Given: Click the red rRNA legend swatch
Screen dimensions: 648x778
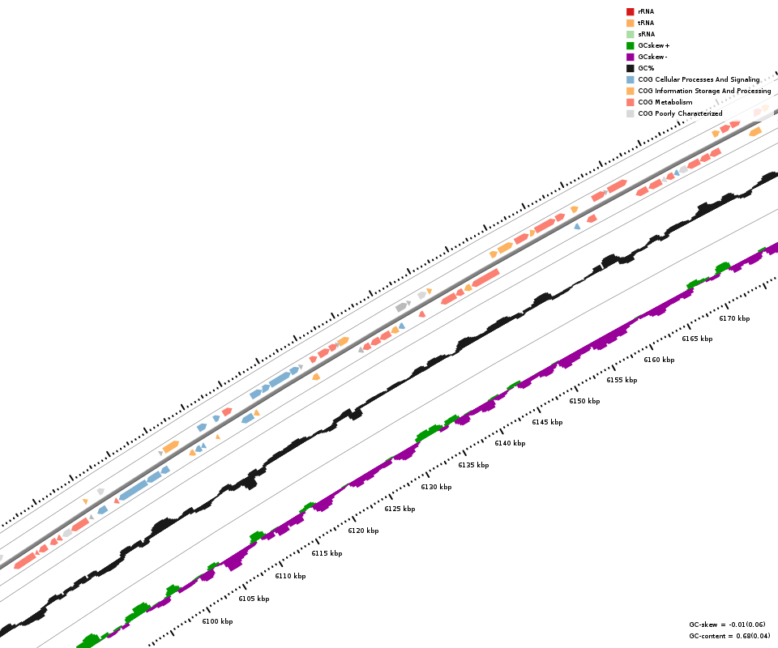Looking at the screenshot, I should [x=630, y=11].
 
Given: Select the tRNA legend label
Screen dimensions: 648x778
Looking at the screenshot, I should [x=646, y=23].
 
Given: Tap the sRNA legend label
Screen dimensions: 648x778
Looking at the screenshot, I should [x=646, y=34].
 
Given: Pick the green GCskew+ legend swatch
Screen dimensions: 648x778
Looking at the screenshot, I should [x=630, y=45].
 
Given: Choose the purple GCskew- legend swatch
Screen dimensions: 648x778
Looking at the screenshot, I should [x=630, y=57].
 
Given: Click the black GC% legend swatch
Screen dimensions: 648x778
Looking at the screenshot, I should [x=630, y=68].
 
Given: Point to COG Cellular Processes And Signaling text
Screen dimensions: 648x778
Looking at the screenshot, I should [x=699, y=79].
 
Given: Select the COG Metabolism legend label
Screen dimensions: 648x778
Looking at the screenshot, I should [x=665, y=102].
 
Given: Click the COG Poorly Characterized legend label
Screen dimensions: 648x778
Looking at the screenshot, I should [x=680, y=113].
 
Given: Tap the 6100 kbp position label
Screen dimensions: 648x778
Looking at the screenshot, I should [x=217, y=621].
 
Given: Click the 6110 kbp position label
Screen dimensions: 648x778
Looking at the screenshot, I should [x=290, y=576].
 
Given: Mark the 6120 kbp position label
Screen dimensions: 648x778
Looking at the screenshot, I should [x=363, y=531].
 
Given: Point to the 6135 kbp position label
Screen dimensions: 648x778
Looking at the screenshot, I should [x=473, y=465].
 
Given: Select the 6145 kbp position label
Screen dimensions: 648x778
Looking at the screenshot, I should [x=547, y=422].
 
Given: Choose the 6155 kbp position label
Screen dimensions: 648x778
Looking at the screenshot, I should [x=622, y=380].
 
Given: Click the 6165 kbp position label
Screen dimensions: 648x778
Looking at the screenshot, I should [x=697, y=339].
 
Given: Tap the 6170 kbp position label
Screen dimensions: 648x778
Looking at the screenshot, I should [x=734, y=318].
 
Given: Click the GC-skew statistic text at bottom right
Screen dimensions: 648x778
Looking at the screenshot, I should [x=727, y=625].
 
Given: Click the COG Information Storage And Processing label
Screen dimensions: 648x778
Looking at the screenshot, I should [x=704, y=91].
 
